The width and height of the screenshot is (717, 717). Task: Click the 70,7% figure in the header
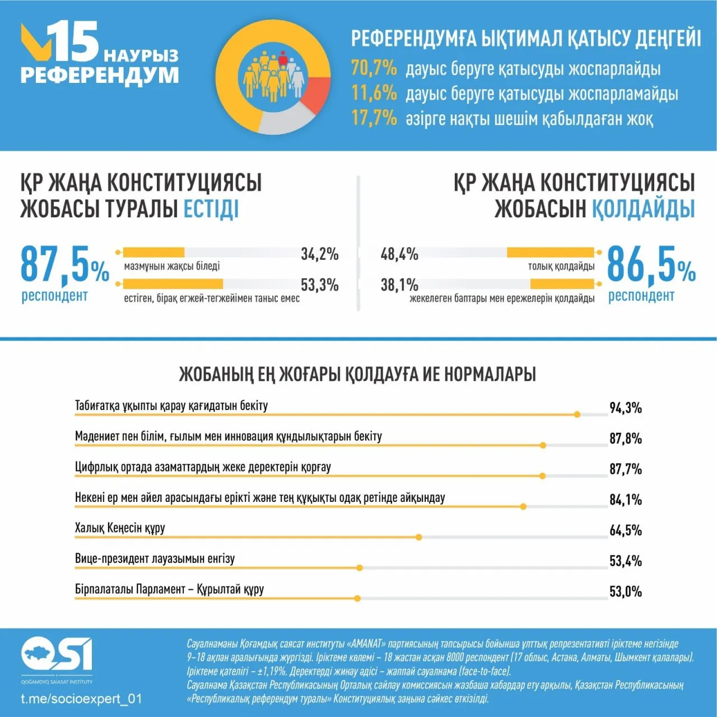[x=374, y=68]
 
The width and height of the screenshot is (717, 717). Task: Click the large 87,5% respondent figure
[x=64, y=264]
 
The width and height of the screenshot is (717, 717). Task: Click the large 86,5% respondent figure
[x=651, y=264]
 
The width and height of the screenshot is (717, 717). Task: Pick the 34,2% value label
[x=319, y=254]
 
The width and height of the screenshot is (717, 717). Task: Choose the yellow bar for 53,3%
[x=173, y=284]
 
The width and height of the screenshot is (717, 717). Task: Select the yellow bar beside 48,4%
[x=550, y=253]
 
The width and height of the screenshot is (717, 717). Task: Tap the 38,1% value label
[x=399, y=285]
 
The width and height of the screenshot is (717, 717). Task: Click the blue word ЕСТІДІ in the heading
[x=211, y=209]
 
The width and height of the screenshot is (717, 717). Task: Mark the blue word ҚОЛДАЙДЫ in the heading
[x=643, y=209]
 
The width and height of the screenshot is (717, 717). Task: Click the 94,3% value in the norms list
[x=625, y=408]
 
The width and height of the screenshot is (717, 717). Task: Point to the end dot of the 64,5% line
[x=419, y=537]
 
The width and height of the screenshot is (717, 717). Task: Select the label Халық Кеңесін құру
[x=120, y=528]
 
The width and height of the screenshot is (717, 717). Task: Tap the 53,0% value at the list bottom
[x=625, y=592]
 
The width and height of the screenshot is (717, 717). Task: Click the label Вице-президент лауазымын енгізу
[x=155, y=558]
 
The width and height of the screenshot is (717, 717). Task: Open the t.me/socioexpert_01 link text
[x=81, y=699]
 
